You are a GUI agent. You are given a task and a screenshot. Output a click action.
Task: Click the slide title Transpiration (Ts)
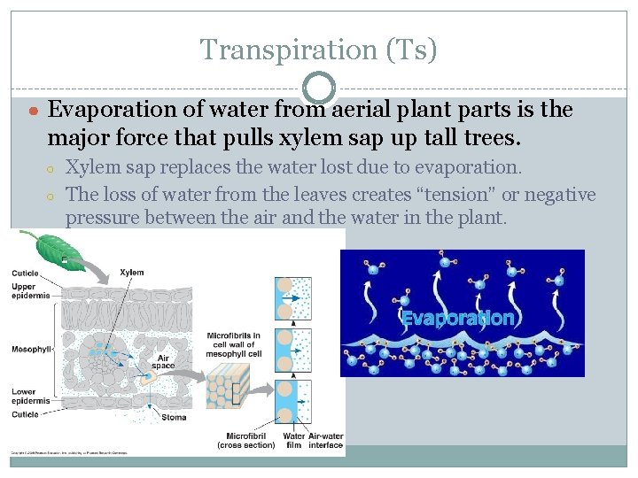318,50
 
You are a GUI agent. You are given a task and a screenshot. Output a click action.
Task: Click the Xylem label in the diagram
132,273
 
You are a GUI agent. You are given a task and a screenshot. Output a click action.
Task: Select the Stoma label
174,416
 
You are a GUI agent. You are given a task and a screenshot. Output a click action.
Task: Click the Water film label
293,440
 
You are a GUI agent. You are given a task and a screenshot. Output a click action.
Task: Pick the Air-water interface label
325,440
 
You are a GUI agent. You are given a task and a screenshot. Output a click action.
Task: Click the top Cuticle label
25,274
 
